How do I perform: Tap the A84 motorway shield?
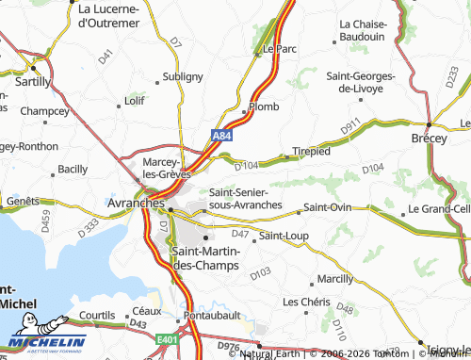pos(220,137)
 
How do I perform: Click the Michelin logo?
pos(47,341)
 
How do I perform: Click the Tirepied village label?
pos(311,151)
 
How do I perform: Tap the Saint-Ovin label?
pos(327,208)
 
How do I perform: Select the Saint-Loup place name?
pos(284,236)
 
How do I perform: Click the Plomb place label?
pos(264,106)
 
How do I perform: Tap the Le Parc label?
pos(281,48)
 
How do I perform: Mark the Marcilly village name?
pos(335,279)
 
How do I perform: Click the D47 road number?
pos(239,233)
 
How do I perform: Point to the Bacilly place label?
pos(73,169)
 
